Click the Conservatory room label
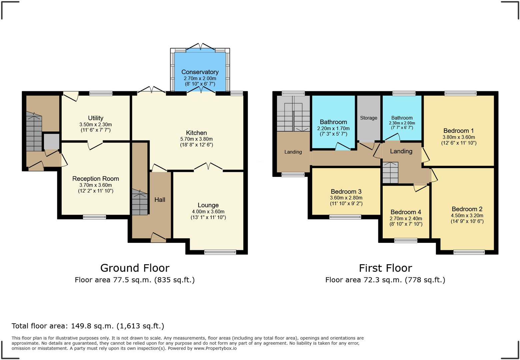200,72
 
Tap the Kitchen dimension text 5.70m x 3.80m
196,139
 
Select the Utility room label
95,118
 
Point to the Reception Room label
96,178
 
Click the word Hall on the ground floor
160,200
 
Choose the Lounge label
208,205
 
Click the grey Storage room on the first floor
369,118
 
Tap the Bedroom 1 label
458,130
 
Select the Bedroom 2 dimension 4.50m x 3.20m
467,216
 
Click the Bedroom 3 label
346,192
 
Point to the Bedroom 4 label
406,212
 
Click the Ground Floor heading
135,268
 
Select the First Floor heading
385,268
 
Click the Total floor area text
88,326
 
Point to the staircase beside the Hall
140,203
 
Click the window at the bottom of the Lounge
220,252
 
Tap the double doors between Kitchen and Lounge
208,166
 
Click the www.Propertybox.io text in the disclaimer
215,348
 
